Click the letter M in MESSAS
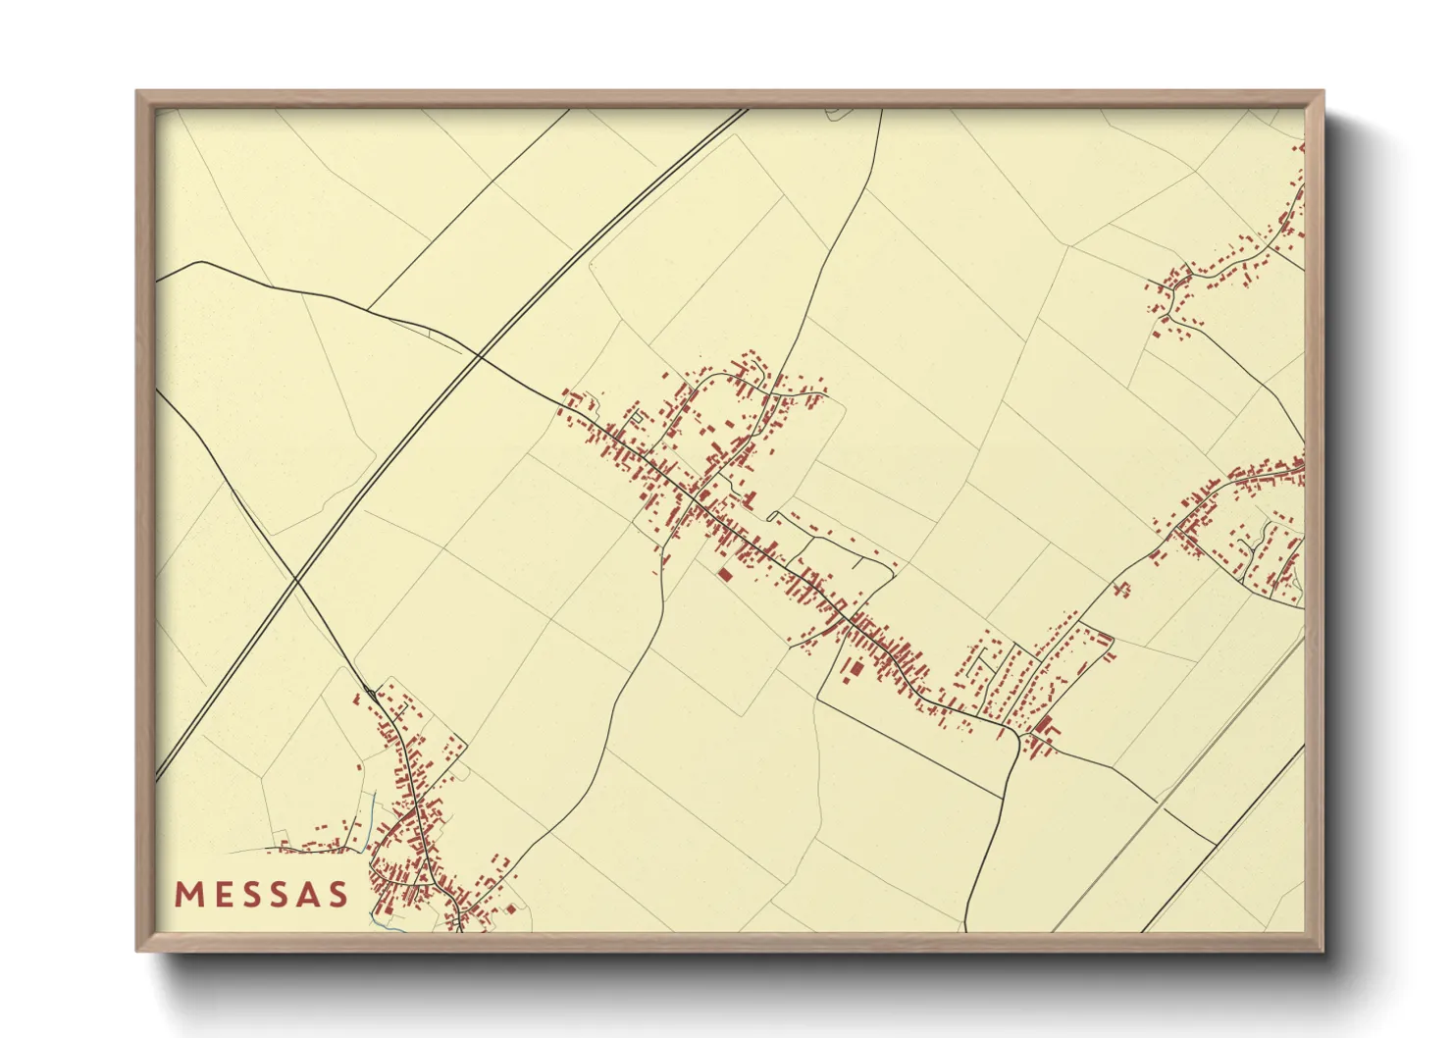(188, 895)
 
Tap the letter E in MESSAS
(221, 895)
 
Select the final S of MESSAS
(338, 895)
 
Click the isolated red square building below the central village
(725, 574)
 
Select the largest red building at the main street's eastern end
(1043, 725)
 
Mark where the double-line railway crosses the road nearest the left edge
(296, 582)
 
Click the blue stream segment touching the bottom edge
(377, 922)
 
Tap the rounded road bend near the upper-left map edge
(201, 262)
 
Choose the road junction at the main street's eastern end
(1018, 733)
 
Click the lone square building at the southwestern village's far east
(510, 908)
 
